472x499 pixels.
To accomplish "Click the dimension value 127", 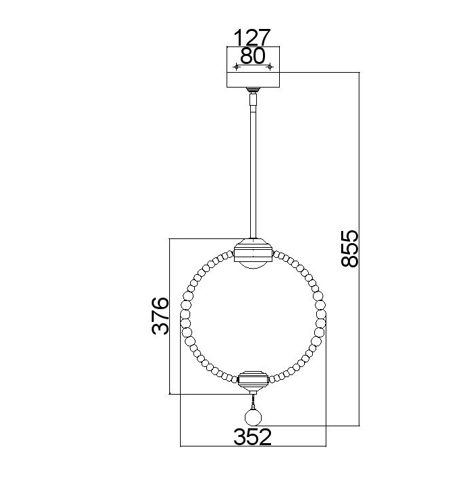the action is tap(252, 38).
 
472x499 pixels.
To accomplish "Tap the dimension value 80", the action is tap(252, 56).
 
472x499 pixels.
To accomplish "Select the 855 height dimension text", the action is tap(350, 248).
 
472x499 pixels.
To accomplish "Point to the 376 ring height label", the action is tap(160, 316).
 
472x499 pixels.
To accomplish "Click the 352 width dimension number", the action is tap(252, 437).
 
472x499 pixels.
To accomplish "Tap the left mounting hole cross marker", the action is tap(236, 67).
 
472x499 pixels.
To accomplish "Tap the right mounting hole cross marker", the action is tap(270, 67).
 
